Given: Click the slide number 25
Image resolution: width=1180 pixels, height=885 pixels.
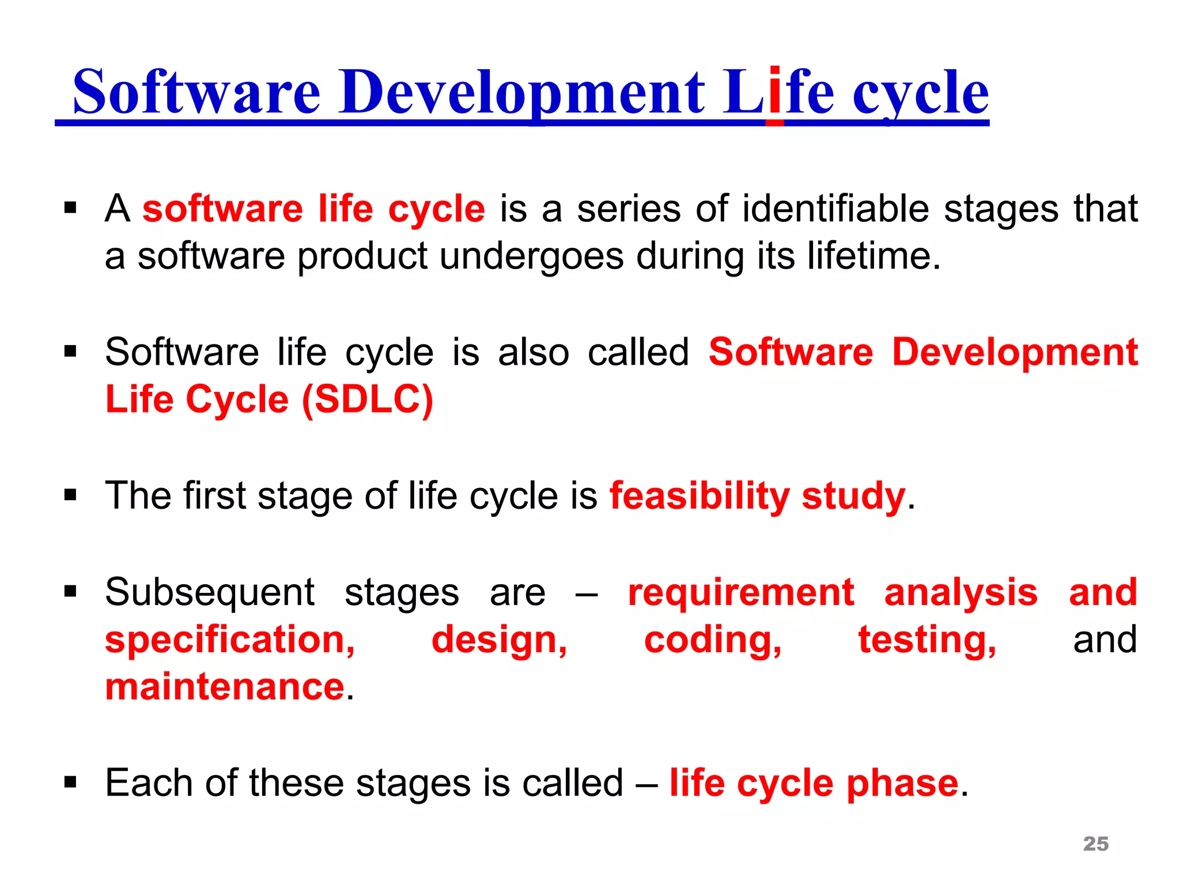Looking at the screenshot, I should (x=1095, y=844).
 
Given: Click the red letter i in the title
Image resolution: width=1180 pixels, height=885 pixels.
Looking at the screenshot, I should (x=774, y=92).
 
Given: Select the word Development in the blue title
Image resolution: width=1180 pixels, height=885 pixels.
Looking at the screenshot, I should (x=521, y=92).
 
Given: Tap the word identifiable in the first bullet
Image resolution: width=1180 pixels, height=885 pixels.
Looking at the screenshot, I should (x=835, y=209).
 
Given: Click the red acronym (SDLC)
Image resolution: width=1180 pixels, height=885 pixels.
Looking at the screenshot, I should (x=367, y=399).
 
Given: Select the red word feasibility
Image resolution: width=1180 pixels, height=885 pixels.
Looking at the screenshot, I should (x=699, y=496).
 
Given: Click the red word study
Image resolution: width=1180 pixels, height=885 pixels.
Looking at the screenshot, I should (x=853, y=497).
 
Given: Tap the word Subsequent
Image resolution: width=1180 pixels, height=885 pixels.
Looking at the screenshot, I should (x=210, y=593).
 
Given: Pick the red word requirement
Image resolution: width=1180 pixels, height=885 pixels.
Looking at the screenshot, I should (x=740, y=593).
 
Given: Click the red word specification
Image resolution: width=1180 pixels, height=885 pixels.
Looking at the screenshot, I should (x=230, y=641).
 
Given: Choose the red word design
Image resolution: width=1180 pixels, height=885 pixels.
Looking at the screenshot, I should (x=499, y=641).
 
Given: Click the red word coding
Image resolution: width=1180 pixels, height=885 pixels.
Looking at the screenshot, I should (x=713, y=641).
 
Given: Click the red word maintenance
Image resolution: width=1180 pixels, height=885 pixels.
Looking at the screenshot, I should (x=225, y=687).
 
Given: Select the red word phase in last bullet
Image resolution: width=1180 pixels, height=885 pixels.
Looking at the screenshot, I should (x=902, y=784).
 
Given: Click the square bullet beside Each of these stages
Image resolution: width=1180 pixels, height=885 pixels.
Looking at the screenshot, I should (x=70, y=782).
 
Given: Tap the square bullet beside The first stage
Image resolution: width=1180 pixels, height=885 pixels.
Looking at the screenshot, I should (x=70, y=494).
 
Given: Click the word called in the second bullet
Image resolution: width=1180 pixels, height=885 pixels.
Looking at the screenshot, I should (x=638, y=352).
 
